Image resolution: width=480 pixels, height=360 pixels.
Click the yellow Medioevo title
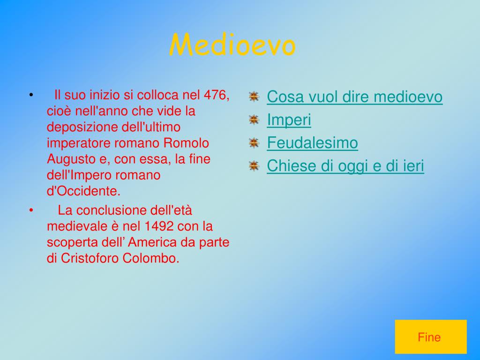(232, 45)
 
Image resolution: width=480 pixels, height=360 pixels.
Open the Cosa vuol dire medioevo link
(354, 97)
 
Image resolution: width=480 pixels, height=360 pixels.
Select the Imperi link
(289, 120)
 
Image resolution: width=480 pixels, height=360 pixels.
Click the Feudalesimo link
(312, 142)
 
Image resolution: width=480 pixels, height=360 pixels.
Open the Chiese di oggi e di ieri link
(345, 166)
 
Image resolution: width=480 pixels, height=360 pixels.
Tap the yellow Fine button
(431, 337)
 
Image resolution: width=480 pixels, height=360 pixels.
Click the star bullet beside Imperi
(254, 120)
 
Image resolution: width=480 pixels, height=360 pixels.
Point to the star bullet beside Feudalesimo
(254, 142)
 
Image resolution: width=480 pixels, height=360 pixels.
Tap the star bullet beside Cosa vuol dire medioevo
(254, 97)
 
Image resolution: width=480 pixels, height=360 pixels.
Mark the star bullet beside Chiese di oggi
(254, 166)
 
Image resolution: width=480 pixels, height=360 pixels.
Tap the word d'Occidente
(83, 191)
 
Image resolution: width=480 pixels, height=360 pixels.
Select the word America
(152, 242)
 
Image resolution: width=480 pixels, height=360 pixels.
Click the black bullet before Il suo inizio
(31, 95)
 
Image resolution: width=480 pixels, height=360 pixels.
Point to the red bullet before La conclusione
(31, 210)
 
